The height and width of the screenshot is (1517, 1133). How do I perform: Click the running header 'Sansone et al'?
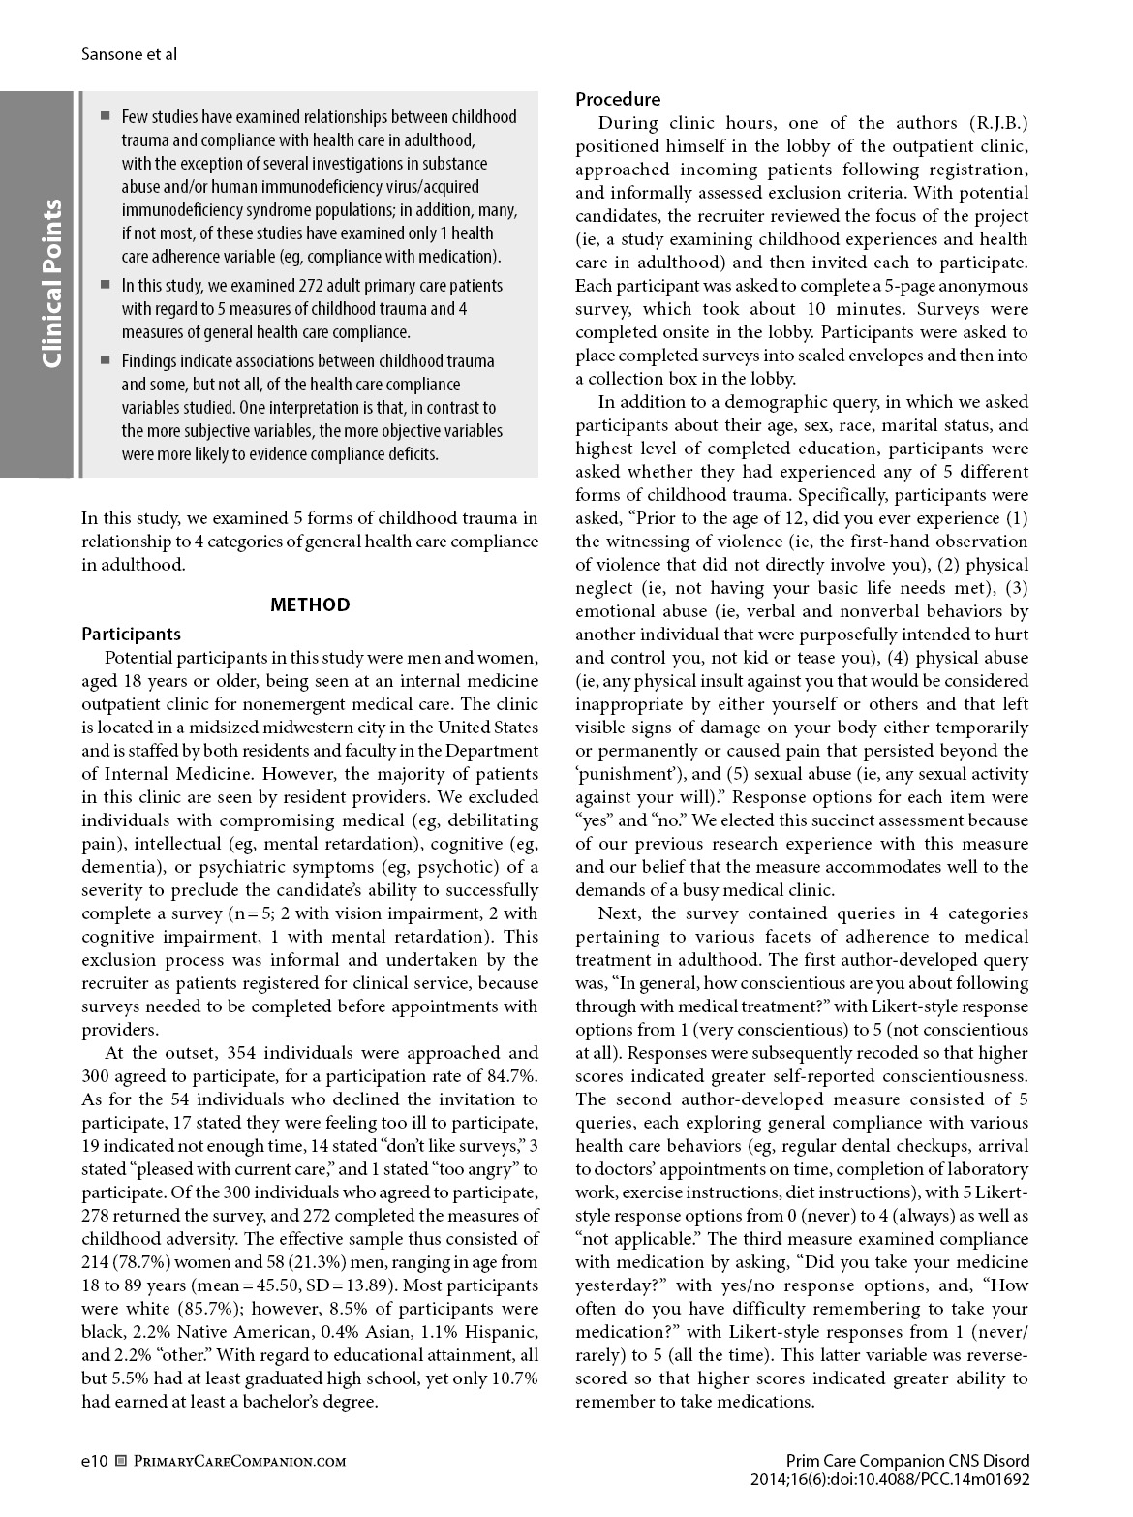pos(129,54)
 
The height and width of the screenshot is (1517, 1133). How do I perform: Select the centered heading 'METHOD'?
pos(310,604)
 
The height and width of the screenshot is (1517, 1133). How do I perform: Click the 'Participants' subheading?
pos(131,634)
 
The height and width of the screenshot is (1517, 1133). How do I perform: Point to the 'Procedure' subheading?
pos(618,99)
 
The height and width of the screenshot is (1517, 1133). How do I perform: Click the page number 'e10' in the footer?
pos(94,1460)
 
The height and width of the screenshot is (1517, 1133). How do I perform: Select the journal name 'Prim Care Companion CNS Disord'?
pos(907,1461)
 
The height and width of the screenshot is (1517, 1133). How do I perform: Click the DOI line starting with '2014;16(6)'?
pos(889,1479)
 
